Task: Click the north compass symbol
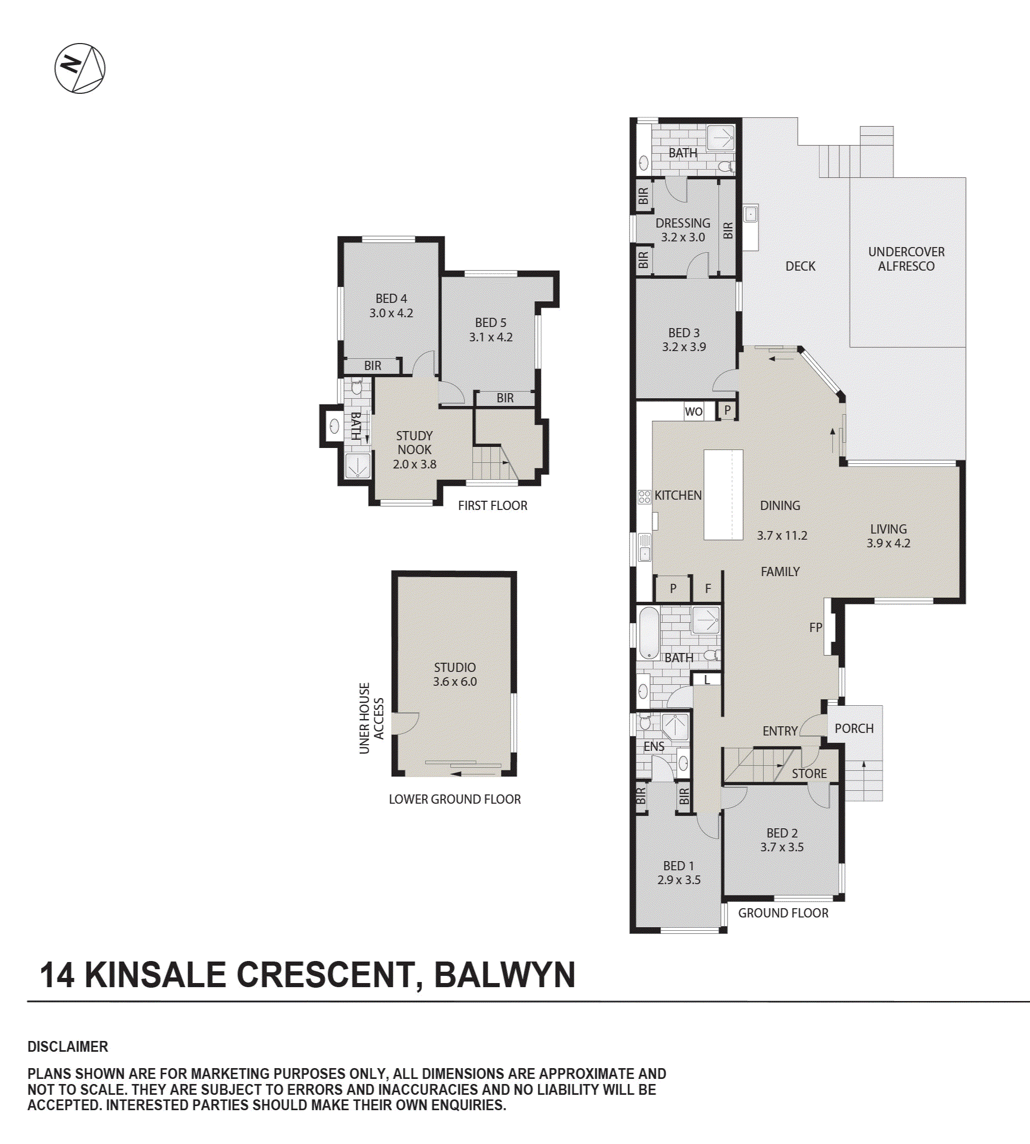(80, 68)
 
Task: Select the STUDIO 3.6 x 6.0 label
(454, 675)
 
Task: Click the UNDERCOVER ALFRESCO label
(905, 258)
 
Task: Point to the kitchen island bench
(723, 495)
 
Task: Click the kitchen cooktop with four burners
(644, 497)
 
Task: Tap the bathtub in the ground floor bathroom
(649, 633)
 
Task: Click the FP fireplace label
(815, 627)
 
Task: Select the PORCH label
(854, 729)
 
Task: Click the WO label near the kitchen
(693, 412)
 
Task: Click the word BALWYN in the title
(504, 975)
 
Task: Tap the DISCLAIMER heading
(67, 1047)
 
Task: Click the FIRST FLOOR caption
(492, 506)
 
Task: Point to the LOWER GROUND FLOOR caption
(454, 800)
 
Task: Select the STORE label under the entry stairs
(809, 773)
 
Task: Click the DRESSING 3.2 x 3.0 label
(682, 230)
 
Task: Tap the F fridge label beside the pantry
(708, 589)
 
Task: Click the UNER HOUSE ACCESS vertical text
(371, 718)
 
